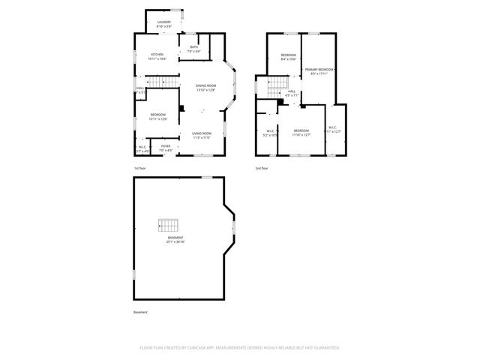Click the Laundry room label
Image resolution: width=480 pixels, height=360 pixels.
(x=163, y=24)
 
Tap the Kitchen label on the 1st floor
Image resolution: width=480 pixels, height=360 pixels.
(x=157, y=56)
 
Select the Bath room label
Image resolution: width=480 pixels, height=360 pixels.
(x=193, y=49)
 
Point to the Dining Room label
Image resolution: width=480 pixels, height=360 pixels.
(x=206, y=88)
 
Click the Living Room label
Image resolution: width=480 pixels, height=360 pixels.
(x=202, y=135)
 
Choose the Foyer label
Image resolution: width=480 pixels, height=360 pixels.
(x=166, y=148)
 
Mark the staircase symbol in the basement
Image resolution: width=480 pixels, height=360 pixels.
(x=169, y=225)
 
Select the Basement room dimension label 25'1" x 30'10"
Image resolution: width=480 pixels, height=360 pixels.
(x=175, y=240)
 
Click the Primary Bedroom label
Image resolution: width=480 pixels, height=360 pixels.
(x=319, y=71)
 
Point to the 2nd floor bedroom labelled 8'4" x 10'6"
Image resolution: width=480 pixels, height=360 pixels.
(x=289, y=57)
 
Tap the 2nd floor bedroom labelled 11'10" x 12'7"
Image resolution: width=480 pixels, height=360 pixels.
(x=301, y=133)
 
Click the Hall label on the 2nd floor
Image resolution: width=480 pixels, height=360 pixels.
(x=292, y=94)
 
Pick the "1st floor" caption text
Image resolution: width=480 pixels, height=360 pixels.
(x=139, y=169)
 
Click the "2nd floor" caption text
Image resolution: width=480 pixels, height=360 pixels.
(x=262, y=169)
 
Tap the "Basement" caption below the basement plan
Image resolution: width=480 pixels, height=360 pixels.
(x=141, y=312)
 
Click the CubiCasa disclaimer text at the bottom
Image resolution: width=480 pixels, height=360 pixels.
(x=240, y=347)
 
